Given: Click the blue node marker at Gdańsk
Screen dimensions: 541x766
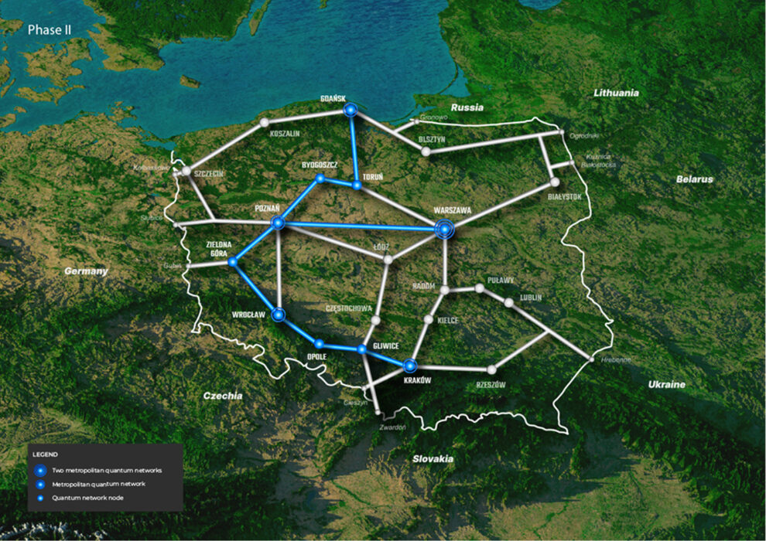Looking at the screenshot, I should point(351,111).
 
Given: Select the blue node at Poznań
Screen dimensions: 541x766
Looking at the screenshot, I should point(278,223).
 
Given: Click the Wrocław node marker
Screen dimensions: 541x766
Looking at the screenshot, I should point(279,315).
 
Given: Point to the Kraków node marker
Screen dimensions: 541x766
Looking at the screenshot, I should point(410,365).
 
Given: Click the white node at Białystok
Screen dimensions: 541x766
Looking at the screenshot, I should point(554,182).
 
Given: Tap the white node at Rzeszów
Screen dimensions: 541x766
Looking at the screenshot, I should point(491,369).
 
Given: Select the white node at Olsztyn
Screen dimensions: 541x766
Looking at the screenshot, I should point(426,151).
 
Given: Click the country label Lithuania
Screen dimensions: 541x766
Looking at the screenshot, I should point(617,93).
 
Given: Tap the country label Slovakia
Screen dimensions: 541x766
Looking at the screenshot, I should point(433,459).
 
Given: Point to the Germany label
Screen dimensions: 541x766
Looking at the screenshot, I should point(86,271).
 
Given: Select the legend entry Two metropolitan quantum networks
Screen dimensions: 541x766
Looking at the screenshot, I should point(108,470).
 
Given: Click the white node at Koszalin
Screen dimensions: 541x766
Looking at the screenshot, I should point(265,122).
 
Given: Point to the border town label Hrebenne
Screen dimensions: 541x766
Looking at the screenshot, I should point(616,360).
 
